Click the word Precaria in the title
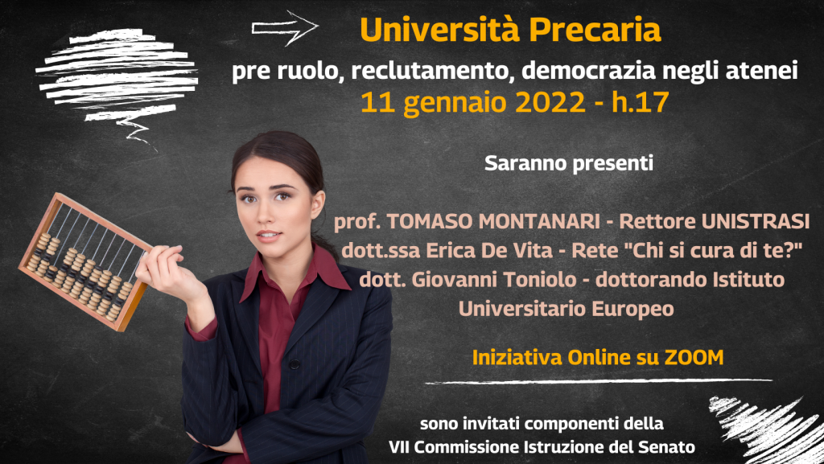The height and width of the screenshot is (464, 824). click(595, 31)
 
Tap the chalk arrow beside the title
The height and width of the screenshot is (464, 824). click(285, 27)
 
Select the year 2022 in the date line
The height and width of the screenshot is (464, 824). click(550, 102)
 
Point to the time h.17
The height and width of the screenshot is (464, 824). click(640, 102)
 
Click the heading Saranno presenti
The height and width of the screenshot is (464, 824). click(569, 163)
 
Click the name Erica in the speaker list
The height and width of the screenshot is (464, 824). click(446, 251)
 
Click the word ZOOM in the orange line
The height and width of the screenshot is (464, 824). click(694, 357)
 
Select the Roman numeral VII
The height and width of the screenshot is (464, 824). click(399, 448)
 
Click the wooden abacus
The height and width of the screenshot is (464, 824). click(84, 262)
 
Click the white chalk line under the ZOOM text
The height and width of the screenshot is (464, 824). click(599, 382)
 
